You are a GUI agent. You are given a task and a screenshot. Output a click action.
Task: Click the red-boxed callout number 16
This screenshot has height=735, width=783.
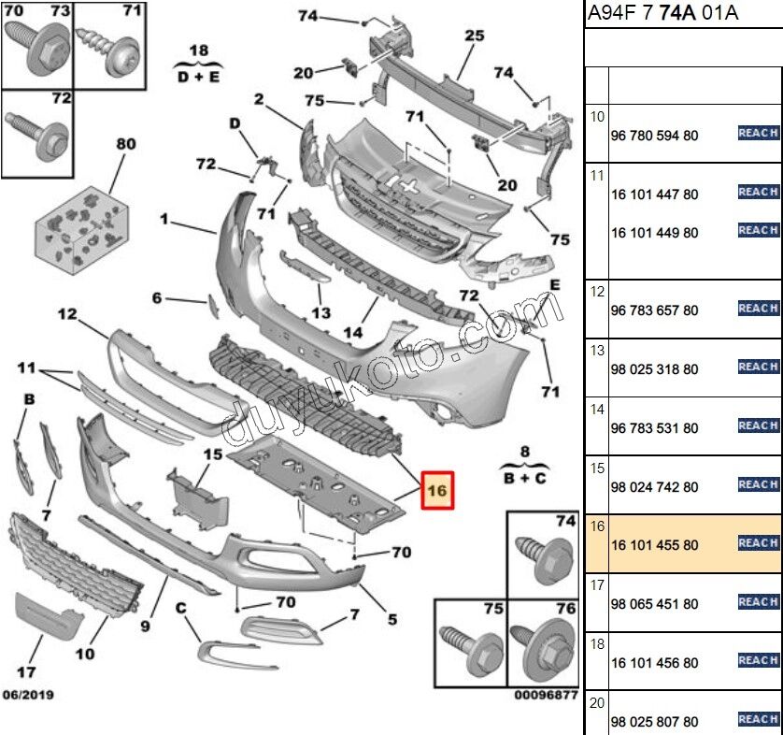437,489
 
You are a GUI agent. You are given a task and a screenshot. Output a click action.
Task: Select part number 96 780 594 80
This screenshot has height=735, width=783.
654,136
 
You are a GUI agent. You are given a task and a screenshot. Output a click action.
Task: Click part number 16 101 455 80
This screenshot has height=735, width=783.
654,545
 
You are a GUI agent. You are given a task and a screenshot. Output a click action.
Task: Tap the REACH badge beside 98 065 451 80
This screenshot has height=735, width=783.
758,602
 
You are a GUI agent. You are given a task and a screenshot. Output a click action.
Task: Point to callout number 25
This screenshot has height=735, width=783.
475,36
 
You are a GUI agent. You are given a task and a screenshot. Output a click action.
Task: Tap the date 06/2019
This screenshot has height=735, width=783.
28,695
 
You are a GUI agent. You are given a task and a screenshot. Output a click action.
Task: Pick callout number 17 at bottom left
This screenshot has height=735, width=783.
28,671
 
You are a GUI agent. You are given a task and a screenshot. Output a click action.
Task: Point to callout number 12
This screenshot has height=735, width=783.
67,315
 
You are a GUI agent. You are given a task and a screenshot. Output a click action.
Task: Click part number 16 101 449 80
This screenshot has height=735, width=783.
654,233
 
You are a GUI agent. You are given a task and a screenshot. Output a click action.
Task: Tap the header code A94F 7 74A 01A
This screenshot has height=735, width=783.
661,13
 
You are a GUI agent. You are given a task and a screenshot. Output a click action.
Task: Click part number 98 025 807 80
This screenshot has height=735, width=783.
654,722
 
